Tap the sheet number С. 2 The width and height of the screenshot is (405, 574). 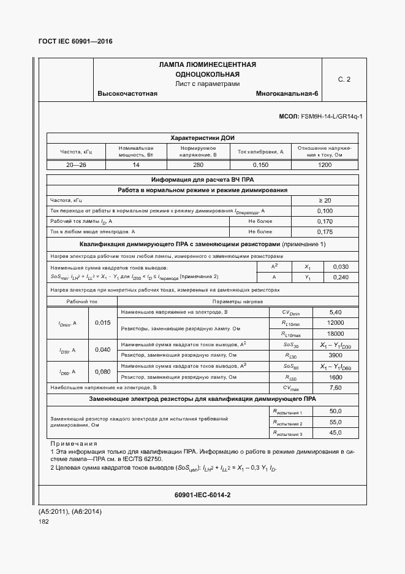pos(344,79)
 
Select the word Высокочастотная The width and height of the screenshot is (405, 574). pos(127,94)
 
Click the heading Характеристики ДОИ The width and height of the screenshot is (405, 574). pos(202,138)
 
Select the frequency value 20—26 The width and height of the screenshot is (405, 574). pos(76,165)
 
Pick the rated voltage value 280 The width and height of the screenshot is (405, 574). pos(198,165)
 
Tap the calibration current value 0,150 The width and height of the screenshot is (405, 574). pos(260,165)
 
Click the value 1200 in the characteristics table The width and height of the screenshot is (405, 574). pos(325,165)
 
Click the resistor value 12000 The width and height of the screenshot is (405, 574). pos(335,323)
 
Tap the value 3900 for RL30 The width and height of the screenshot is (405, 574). pos(335,355)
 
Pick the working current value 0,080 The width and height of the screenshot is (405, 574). pos(103,371)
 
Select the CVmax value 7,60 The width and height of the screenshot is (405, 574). pos(335,388)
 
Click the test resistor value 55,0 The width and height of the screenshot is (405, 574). pos(335,422)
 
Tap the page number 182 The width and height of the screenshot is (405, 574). pos(44,521)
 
